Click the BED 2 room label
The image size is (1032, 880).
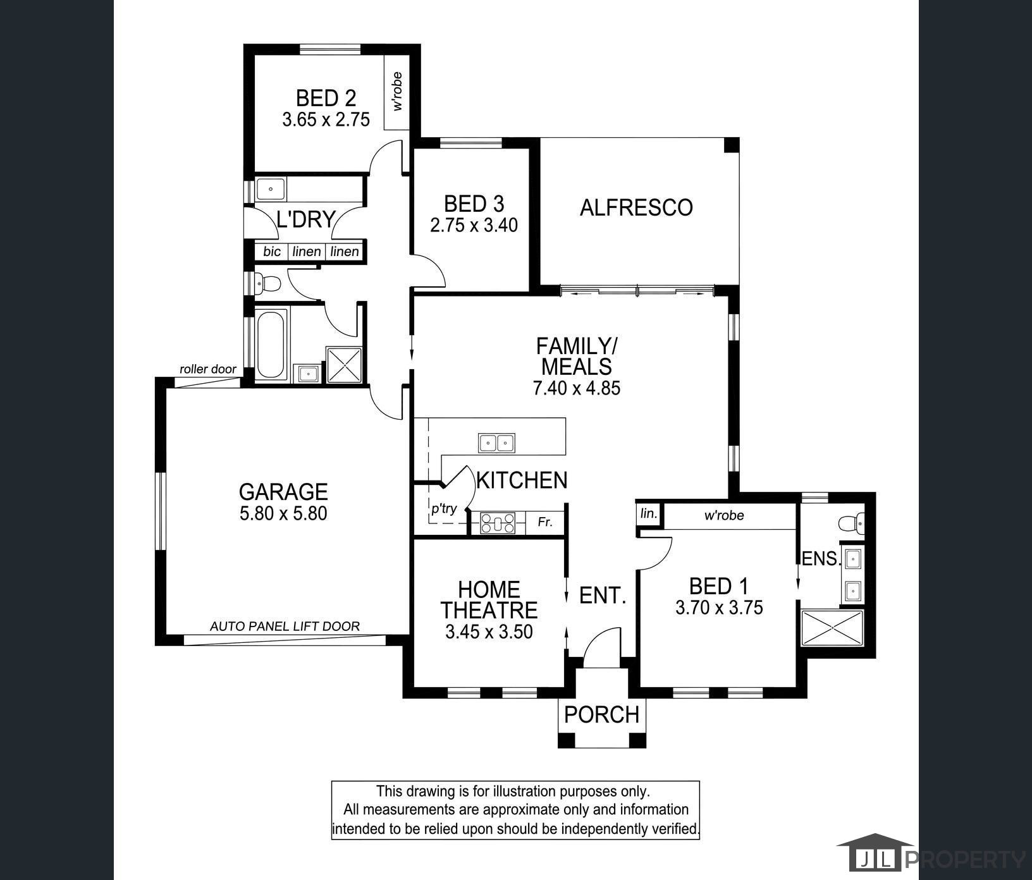coord(326,98)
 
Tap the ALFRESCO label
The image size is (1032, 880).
coord(636,207)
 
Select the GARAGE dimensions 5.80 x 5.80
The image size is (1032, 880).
coord(283,513)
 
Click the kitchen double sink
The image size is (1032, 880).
coord(496,443)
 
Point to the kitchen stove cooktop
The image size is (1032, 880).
coord(498,523)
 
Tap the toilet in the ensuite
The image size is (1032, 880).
coord(851,522)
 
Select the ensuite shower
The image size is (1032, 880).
coord(832,628)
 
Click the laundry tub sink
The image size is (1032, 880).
coord(271,189)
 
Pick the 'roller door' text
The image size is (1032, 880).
coord(208,369)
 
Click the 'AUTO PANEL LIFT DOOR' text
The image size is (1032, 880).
coord(285,626)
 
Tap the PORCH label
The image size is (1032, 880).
coord(601,715)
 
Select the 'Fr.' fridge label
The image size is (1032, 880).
coord(545,522)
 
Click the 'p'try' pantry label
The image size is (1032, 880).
coord(444,509)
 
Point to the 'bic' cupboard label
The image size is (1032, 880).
coord(272,252)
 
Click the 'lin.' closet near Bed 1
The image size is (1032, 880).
coord(649,513)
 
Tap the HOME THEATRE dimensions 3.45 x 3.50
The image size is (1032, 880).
coord(489,632)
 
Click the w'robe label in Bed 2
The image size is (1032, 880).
coord(398,92)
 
